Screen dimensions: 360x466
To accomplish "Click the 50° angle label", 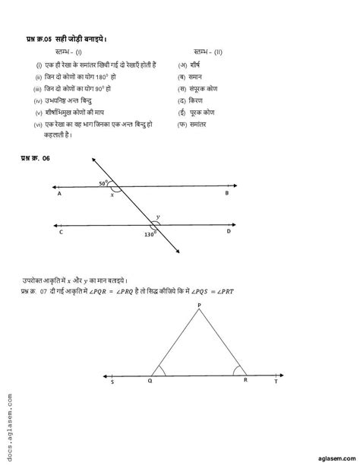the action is point(103,183).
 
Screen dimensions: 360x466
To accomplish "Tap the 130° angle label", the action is point(150,234).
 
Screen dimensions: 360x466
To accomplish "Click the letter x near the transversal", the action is point(112,195).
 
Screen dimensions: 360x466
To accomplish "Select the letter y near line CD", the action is point(157,217).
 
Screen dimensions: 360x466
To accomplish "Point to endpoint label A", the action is point(59,194).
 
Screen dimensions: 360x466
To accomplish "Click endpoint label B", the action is point(226,194).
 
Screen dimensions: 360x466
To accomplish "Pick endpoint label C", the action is point(60,232).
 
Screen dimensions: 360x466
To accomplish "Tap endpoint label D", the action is point(228,232).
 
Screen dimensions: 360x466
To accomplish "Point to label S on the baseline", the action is point(114,385).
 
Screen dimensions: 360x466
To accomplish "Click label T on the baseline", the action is point(275,385).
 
